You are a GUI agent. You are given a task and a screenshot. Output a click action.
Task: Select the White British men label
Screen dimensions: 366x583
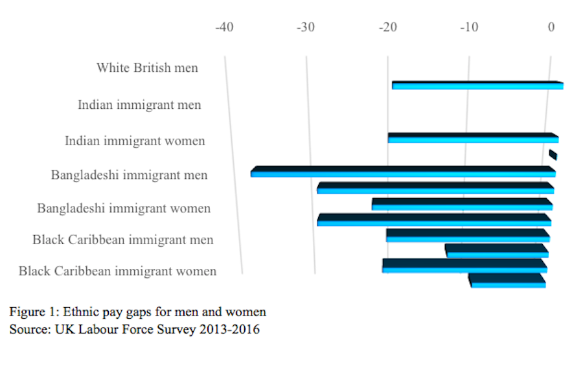click(147, 67)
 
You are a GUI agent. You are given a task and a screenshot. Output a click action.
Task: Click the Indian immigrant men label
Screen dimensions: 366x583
click(139, 104)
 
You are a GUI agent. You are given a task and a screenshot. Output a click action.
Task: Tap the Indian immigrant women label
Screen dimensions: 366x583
click(135, 141)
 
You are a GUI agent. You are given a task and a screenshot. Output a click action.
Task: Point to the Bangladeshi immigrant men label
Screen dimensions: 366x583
click(130, 175)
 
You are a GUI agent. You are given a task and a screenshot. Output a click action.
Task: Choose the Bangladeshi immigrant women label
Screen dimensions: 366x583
click(124, 209)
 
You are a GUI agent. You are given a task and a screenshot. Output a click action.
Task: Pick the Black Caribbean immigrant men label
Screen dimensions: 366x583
click(122, 240)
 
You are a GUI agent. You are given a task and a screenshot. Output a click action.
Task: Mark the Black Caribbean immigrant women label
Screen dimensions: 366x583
click(117, 271)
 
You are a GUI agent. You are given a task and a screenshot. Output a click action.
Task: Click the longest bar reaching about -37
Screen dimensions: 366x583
click(402, 172)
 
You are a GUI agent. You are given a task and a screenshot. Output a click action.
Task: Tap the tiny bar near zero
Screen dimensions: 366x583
click(553, 155)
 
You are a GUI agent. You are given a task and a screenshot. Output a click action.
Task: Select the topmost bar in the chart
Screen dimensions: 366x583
click(477, 86)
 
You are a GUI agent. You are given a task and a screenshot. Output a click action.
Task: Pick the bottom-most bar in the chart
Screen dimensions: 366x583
click(507, 280)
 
